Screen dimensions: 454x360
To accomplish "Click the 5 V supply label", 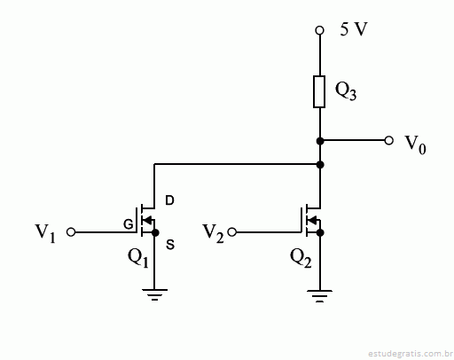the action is (x=354, y=29).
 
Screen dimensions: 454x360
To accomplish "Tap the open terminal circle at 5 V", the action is (x=319, y=30).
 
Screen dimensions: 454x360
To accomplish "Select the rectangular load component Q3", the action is (x=319, y=91).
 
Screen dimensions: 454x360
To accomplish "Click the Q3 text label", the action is (x=346, y=90).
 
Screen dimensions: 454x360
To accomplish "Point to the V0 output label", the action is (x=415, y=145).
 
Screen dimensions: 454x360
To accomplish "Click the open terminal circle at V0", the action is (x=389, y=141).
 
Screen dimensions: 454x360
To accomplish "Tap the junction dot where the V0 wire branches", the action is (x=320, y=141).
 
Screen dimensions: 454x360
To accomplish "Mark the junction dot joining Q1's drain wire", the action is (x=320, y=164).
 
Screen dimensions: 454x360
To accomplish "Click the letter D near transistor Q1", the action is (x=169, y=200).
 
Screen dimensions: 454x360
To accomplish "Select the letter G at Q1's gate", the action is (x=129, y=225).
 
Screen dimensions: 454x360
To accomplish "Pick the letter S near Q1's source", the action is (x=170, y=245).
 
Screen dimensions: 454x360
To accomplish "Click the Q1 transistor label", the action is (x=138, y=258).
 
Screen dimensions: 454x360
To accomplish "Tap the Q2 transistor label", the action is (x=301, y=258).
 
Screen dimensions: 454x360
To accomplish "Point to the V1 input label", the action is (x=45, y=232).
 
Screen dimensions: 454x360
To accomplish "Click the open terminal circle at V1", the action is (x=71, y=232).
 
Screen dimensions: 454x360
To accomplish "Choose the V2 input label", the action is (x=213, y=233).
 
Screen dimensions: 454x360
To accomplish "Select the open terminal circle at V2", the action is (x=232, y=232).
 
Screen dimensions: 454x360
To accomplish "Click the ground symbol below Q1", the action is (x=154, y=294).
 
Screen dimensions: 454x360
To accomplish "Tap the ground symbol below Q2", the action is (x=319, y=296).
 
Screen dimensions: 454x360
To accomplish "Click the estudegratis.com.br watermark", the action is (x=411, y=354).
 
